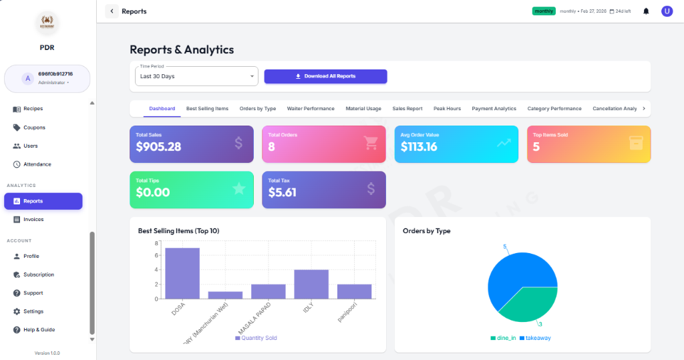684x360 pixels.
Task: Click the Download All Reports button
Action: [x=325, y=76]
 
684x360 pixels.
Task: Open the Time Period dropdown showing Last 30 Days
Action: [x=196, y=76]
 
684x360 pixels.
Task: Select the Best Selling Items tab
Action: [x=207, y=108]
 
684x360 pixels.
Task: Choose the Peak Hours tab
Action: [x=447, y=108]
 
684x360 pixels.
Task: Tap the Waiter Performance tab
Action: [x=311, y=108]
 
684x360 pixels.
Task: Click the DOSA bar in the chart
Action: [x=182, y=273]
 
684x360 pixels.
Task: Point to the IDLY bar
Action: [x=311, y=284]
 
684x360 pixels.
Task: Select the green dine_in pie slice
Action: [x=526, y=304]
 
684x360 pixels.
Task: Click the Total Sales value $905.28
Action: [x=158, y=147]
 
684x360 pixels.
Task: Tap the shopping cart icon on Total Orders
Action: [x=371, y=143]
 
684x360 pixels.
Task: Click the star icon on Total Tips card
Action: [x=238, y=189]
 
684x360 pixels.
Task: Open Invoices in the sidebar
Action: [x=33, y=219]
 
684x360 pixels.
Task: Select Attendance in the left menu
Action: [x=37, y=164]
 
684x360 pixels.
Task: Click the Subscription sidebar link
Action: [x=39, y=275]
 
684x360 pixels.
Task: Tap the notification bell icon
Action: [x=646, y=11]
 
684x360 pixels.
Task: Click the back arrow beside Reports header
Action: [x=112, y=11]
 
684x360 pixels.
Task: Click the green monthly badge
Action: [x=544, y=11]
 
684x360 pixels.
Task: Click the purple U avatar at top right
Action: [x=667, y=11]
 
